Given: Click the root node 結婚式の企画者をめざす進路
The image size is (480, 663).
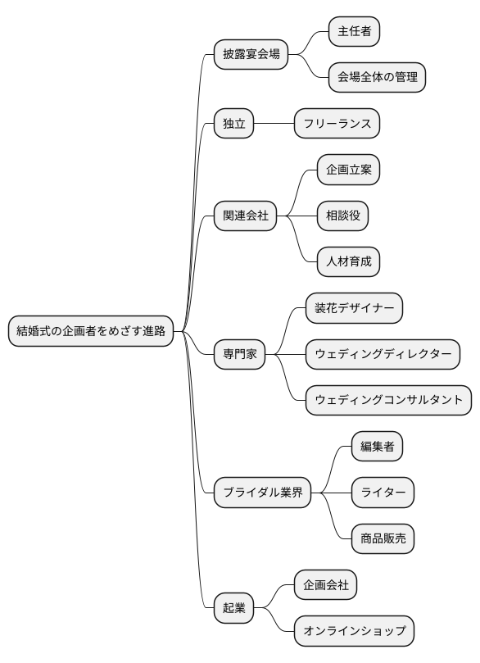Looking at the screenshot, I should click(91, 331).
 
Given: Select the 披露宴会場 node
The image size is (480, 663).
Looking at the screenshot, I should click(251, 55).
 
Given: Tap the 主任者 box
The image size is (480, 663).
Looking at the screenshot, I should click(354, 32).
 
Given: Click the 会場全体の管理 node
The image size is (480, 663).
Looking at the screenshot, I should click(377, 78).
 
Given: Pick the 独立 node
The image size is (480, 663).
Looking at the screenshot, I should click(233, 124).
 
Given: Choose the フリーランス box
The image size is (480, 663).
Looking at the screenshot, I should click(337, 124).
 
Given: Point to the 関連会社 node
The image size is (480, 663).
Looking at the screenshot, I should click(245, 216).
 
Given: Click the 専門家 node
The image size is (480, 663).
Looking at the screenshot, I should click(239, 354).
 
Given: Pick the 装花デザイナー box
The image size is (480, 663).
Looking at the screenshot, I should click(354, 308).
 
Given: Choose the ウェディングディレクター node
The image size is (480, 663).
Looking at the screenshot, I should click(383, 354).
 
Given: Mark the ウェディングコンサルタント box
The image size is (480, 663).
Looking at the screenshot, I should click(388, 401).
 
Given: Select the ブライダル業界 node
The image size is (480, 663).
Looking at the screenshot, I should click(262, 493).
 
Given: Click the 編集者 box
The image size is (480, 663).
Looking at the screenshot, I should click(377, 447).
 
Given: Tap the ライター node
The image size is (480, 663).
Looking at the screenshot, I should click(383, 493).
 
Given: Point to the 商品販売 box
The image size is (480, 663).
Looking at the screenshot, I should click(383, 538).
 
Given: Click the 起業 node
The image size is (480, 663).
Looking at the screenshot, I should click(233, 608).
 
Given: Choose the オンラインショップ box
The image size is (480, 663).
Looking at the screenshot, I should click(354, 631).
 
